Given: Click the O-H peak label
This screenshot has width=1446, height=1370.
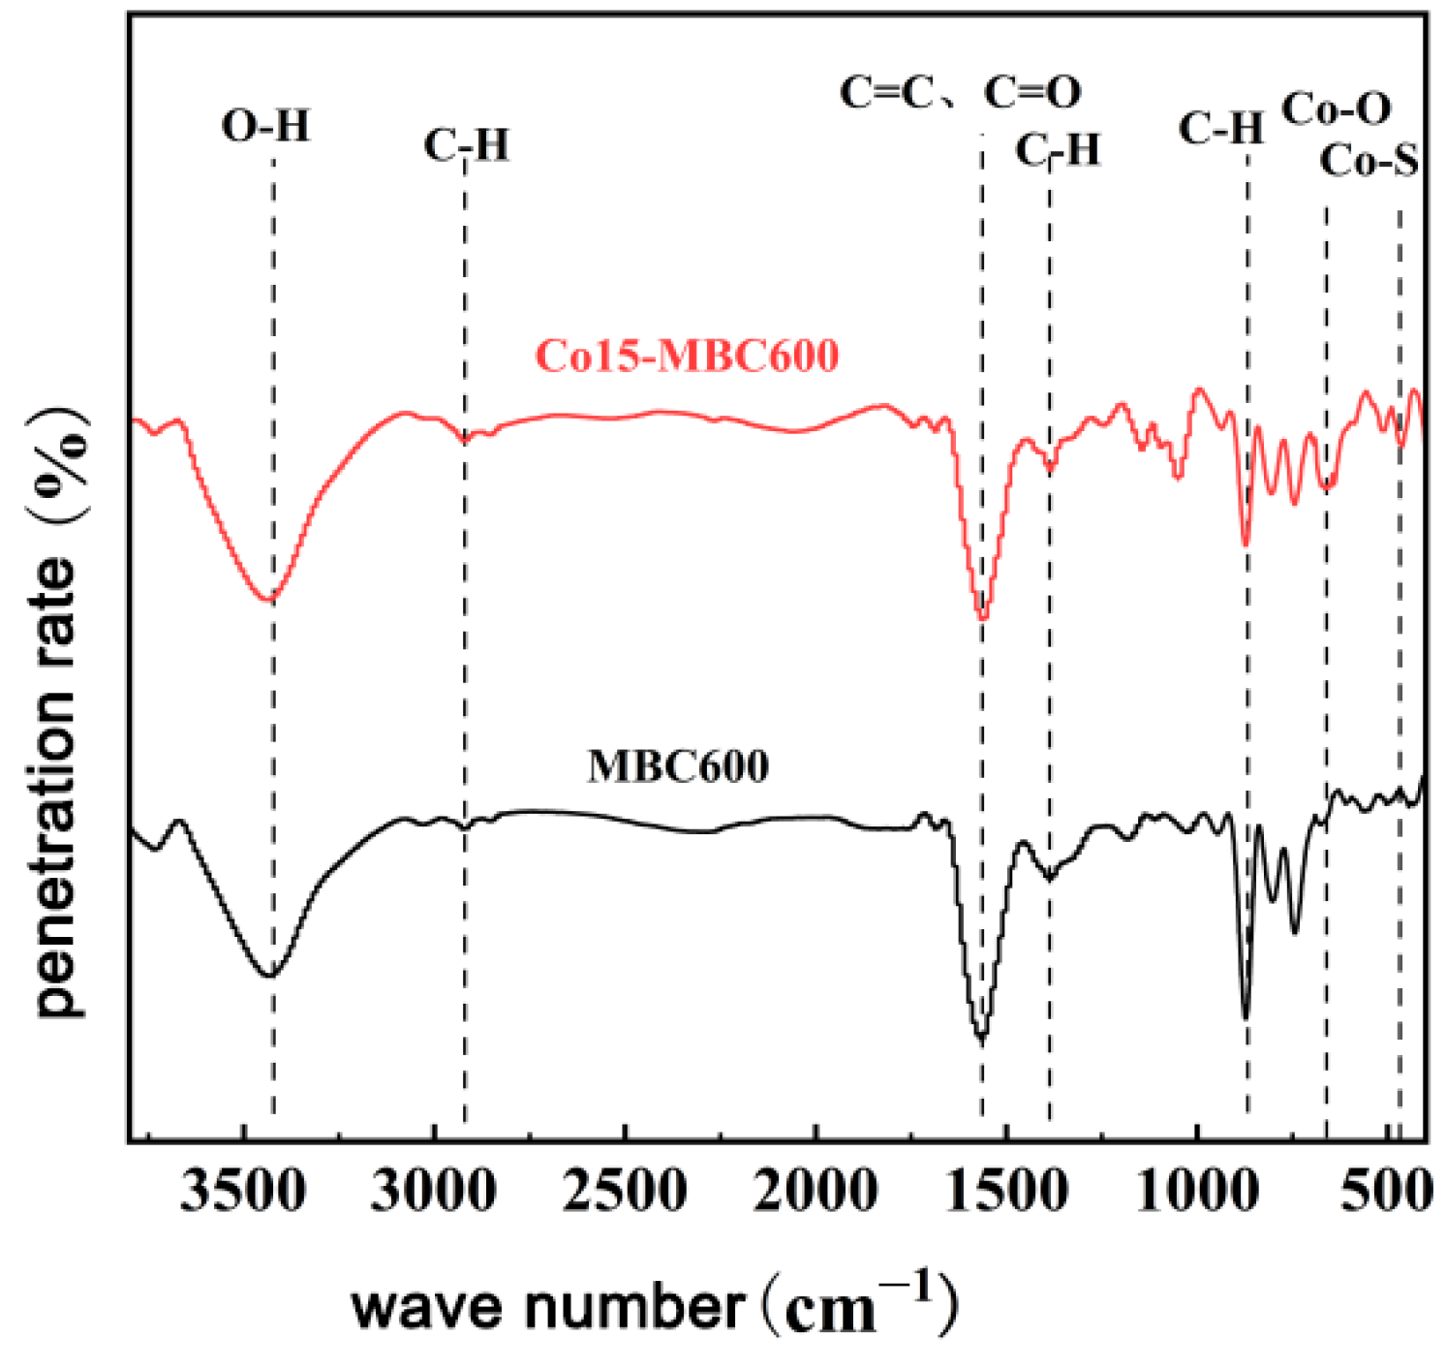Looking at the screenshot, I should pos(265,126).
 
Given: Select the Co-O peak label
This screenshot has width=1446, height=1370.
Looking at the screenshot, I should pos(1337,109).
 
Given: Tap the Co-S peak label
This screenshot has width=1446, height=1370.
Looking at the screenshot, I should pos(1369,160).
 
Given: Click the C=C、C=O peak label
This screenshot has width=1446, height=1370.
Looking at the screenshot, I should pos(960,93).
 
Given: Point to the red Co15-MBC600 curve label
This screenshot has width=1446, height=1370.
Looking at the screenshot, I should pos(687,356).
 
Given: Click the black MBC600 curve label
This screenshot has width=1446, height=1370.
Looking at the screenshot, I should pos(678,766).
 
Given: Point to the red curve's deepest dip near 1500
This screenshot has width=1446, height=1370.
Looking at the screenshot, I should pos(982,618).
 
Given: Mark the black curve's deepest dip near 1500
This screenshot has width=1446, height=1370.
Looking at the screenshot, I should pos(982,1039).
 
